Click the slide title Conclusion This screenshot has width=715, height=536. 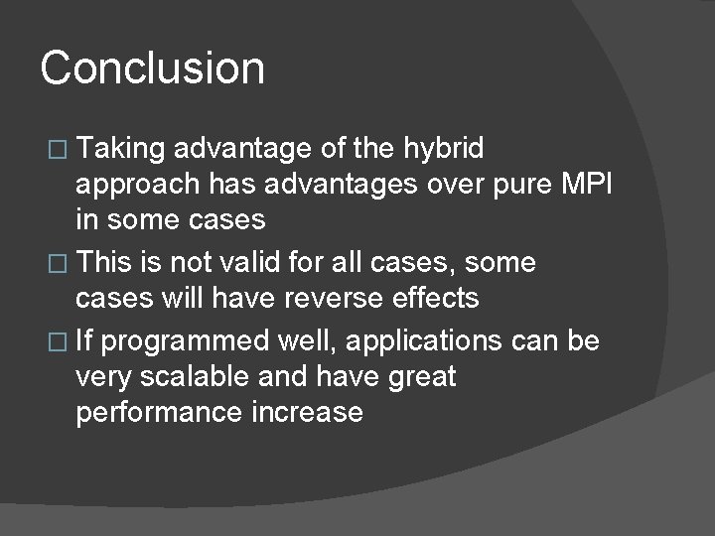click(x=153, y=68)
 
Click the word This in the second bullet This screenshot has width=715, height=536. click(x=107, y=263)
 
